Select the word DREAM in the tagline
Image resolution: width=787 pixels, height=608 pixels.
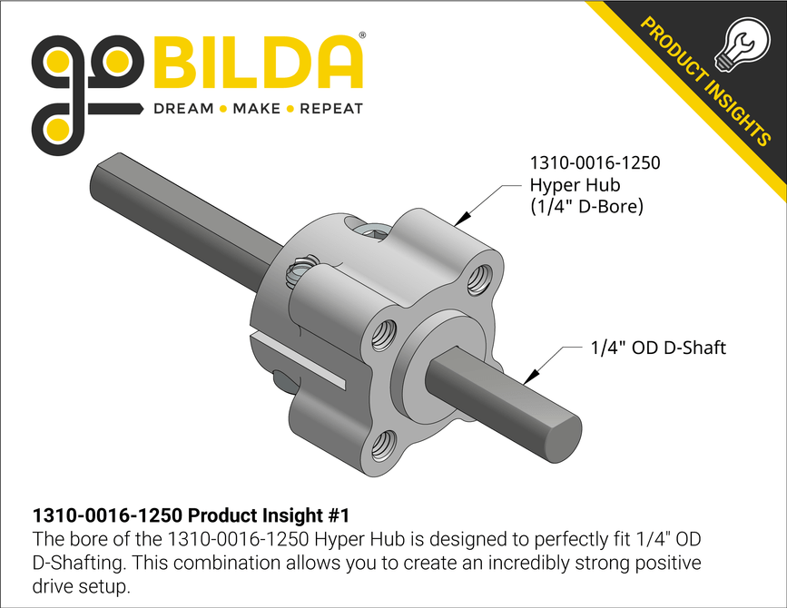click(182, 109)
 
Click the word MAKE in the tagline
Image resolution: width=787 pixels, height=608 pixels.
click(257, 109)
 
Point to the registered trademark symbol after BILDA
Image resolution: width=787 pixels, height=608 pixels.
click(363, 36)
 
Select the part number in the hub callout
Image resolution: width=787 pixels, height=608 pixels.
click(595, 164)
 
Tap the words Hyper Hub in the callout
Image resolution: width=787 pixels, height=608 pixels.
click(569, 186)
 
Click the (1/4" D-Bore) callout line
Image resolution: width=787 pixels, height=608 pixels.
click(586, 208)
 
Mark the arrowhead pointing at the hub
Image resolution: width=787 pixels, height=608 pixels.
click(462, 218)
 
